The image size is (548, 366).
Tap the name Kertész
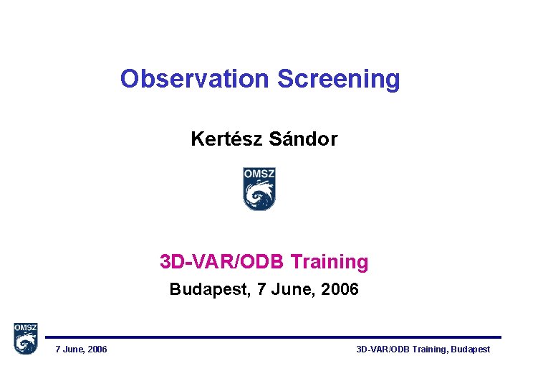[227, 139]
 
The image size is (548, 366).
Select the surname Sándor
[304, 139]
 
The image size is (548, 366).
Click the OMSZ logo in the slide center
[259, 189]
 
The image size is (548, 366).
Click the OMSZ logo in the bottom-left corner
[25, 339]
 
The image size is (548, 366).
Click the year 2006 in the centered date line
[340, 291]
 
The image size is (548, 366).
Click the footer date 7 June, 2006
[82, 349]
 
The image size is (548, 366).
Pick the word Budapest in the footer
[470, 349]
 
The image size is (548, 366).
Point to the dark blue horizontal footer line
[272, 337]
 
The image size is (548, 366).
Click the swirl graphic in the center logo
[259, 195]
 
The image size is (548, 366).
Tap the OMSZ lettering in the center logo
[259, 174]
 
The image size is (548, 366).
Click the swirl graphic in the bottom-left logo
[25, 344]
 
